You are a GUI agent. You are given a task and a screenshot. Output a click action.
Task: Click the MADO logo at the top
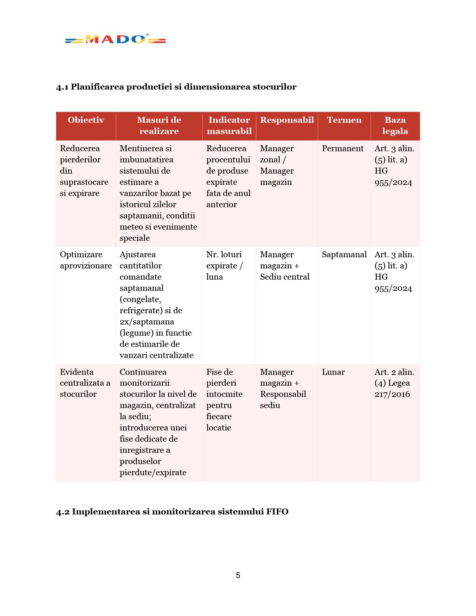pyautogui.click(x=115, y=39)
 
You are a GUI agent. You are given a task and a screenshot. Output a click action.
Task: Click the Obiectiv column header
pyautogui.click(x=86, y=120)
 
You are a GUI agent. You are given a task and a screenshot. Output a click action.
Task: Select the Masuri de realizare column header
pyautogui.click(x=159, y=125)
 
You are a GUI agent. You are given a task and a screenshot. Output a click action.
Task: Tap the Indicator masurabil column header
pyautogui.click(x=229, y=125)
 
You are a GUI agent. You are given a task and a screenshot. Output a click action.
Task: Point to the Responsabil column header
pyautogui.click(x=287, y=120)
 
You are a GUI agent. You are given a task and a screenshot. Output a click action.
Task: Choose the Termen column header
pyautogui.click(x=344, y=120)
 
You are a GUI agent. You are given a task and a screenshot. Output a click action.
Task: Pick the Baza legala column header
pyautogui.click(x=395, y=125)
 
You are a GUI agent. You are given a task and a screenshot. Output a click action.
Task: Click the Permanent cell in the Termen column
pyautogui.click(x=342, y=149)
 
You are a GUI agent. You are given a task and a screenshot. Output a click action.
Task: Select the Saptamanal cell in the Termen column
pyautogui.click(x=344, y=255)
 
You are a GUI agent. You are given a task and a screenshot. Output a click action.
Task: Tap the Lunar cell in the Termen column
pyautogui.click(x=333, y=372)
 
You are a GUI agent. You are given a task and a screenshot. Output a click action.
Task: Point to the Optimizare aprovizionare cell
pyautogui.click(x=86, y=260)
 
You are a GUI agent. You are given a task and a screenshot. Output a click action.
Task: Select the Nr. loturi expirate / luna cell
pyautogui.click(x=224, y=266)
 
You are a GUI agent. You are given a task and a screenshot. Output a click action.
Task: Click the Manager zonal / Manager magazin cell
pyautogui.click(x=277, y=165)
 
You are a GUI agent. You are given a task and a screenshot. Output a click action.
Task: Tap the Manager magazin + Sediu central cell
pyautogui.click(x=284, y=266)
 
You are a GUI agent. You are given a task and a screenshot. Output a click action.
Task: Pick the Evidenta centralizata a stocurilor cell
pyautogui.click(x=85, y=383)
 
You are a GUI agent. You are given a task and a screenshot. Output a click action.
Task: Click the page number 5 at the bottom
pyautogui.click(x=238, y=575)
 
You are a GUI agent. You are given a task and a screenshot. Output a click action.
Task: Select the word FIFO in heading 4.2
pyautogui.click(x=277, y=512)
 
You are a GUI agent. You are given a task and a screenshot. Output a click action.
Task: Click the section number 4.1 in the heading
pyautogui.click(x=62, y=87)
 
